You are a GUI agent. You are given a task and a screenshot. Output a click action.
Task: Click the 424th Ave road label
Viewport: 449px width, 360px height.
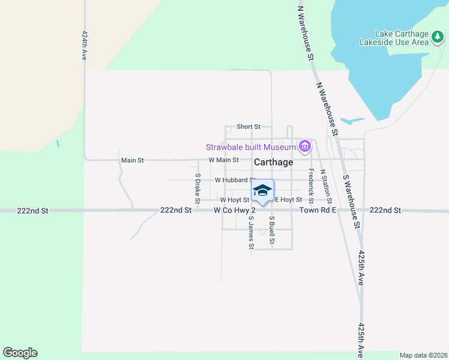(85, 46)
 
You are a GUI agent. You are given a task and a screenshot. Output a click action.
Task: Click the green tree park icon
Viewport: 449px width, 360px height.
(439, 38)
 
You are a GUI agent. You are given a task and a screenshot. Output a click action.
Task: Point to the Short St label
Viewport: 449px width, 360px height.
(249, 127)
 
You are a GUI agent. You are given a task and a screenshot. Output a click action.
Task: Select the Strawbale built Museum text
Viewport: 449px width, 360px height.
(251, 147)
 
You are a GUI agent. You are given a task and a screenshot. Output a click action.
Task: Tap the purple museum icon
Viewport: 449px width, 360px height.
(304, 146)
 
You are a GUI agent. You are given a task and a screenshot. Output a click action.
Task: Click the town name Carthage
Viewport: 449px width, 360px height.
(274, 162)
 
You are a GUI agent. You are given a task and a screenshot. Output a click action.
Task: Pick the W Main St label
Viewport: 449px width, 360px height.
(224, 160)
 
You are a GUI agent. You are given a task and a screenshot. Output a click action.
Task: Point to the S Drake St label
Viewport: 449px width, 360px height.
(197, 187)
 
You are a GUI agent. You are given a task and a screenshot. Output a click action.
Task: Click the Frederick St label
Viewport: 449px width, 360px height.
(311, 184)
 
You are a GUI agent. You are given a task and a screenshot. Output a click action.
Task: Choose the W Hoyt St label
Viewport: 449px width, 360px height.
(234, 200)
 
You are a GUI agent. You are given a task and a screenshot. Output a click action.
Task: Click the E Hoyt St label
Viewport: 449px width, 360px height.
(288, 200)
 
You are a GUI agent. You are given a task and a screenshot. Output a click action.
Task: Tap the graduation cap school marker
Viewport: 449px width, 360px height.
(262, 191)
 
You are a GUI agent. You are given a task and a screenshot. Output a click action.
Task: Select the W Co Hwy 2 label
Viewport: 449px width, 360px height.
(235, 211)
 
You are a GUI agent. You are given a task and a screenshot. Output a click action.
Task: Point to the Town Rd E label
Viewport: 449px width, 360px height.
(318, 211)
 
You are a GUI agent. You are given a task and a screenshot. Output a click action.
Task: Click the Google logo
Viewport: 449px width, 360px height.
(20, 353)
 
